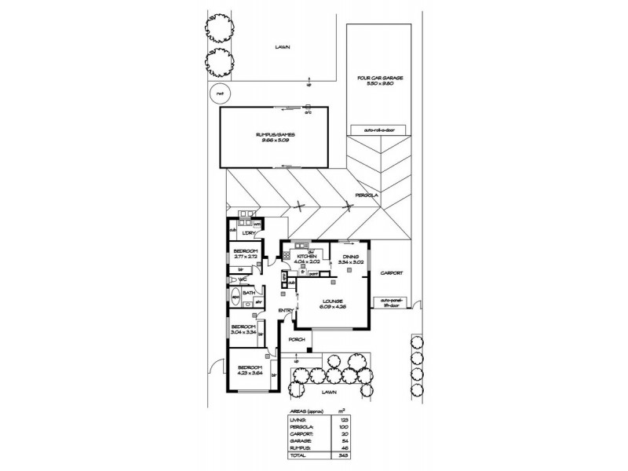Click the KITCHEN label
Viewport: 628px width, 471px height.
[x=306, y=257]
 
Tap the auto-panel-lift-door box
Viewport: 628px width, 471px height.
[x=391, y=301]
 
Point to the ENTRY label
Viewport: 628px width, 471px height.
[x=286, y=311]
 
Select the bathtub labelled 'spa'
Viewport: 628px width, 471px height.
[x=235, y=298]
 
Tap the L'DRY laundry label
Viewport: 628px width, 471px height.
[x=250, y=233]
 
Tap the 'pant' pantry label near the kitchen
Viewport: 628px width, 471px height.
[x=312, y=274]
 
